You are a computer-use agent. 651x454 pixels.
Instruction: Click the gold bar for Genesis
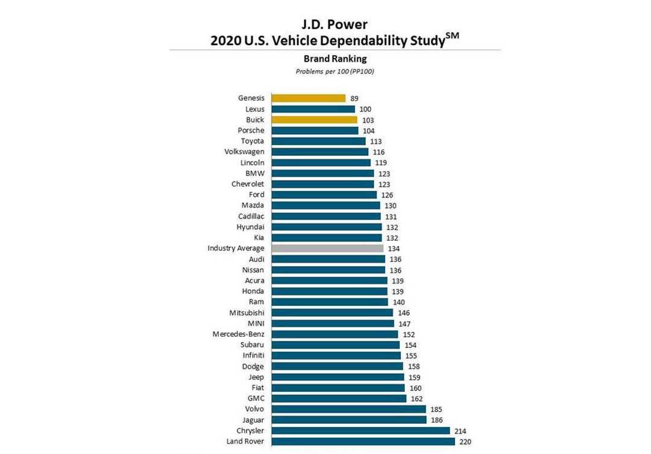(308, 98)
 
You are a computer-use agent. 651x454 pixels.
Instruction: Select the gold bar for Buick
(314, 120)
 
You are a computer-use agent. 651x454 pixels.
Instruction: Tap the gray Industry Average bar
(327, 248)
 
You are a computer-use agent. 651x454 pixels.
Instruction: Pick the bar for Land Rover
(363, 441)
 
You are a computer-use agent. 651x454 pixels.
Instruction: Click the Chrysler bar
(360, 431)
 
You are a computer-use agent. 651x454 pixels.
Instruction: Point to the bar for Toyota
(318, 141)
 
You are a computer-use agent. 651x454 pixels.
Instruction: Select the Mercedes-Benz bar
(335, 334)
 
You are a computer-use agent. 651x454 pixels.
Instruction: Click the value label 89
(354, 99)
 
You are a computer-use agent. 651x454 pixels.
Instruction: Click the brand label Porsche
(251, 131)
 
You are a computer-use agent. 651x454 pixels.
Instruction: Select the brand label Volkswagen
(244, 152)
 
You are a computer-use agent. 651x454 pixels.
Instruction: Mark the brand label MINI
(256, 323)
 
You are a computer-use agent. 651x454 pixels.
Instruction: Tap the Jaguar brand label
(252, 420)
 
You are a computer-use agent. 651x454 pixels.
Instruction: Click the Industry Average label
(236, 249)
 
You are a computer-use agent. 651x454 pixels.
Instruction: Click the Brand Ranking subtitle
(326, 59)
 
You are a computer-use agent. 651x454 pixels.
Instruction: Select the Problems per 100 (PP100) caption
(326, 71)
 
